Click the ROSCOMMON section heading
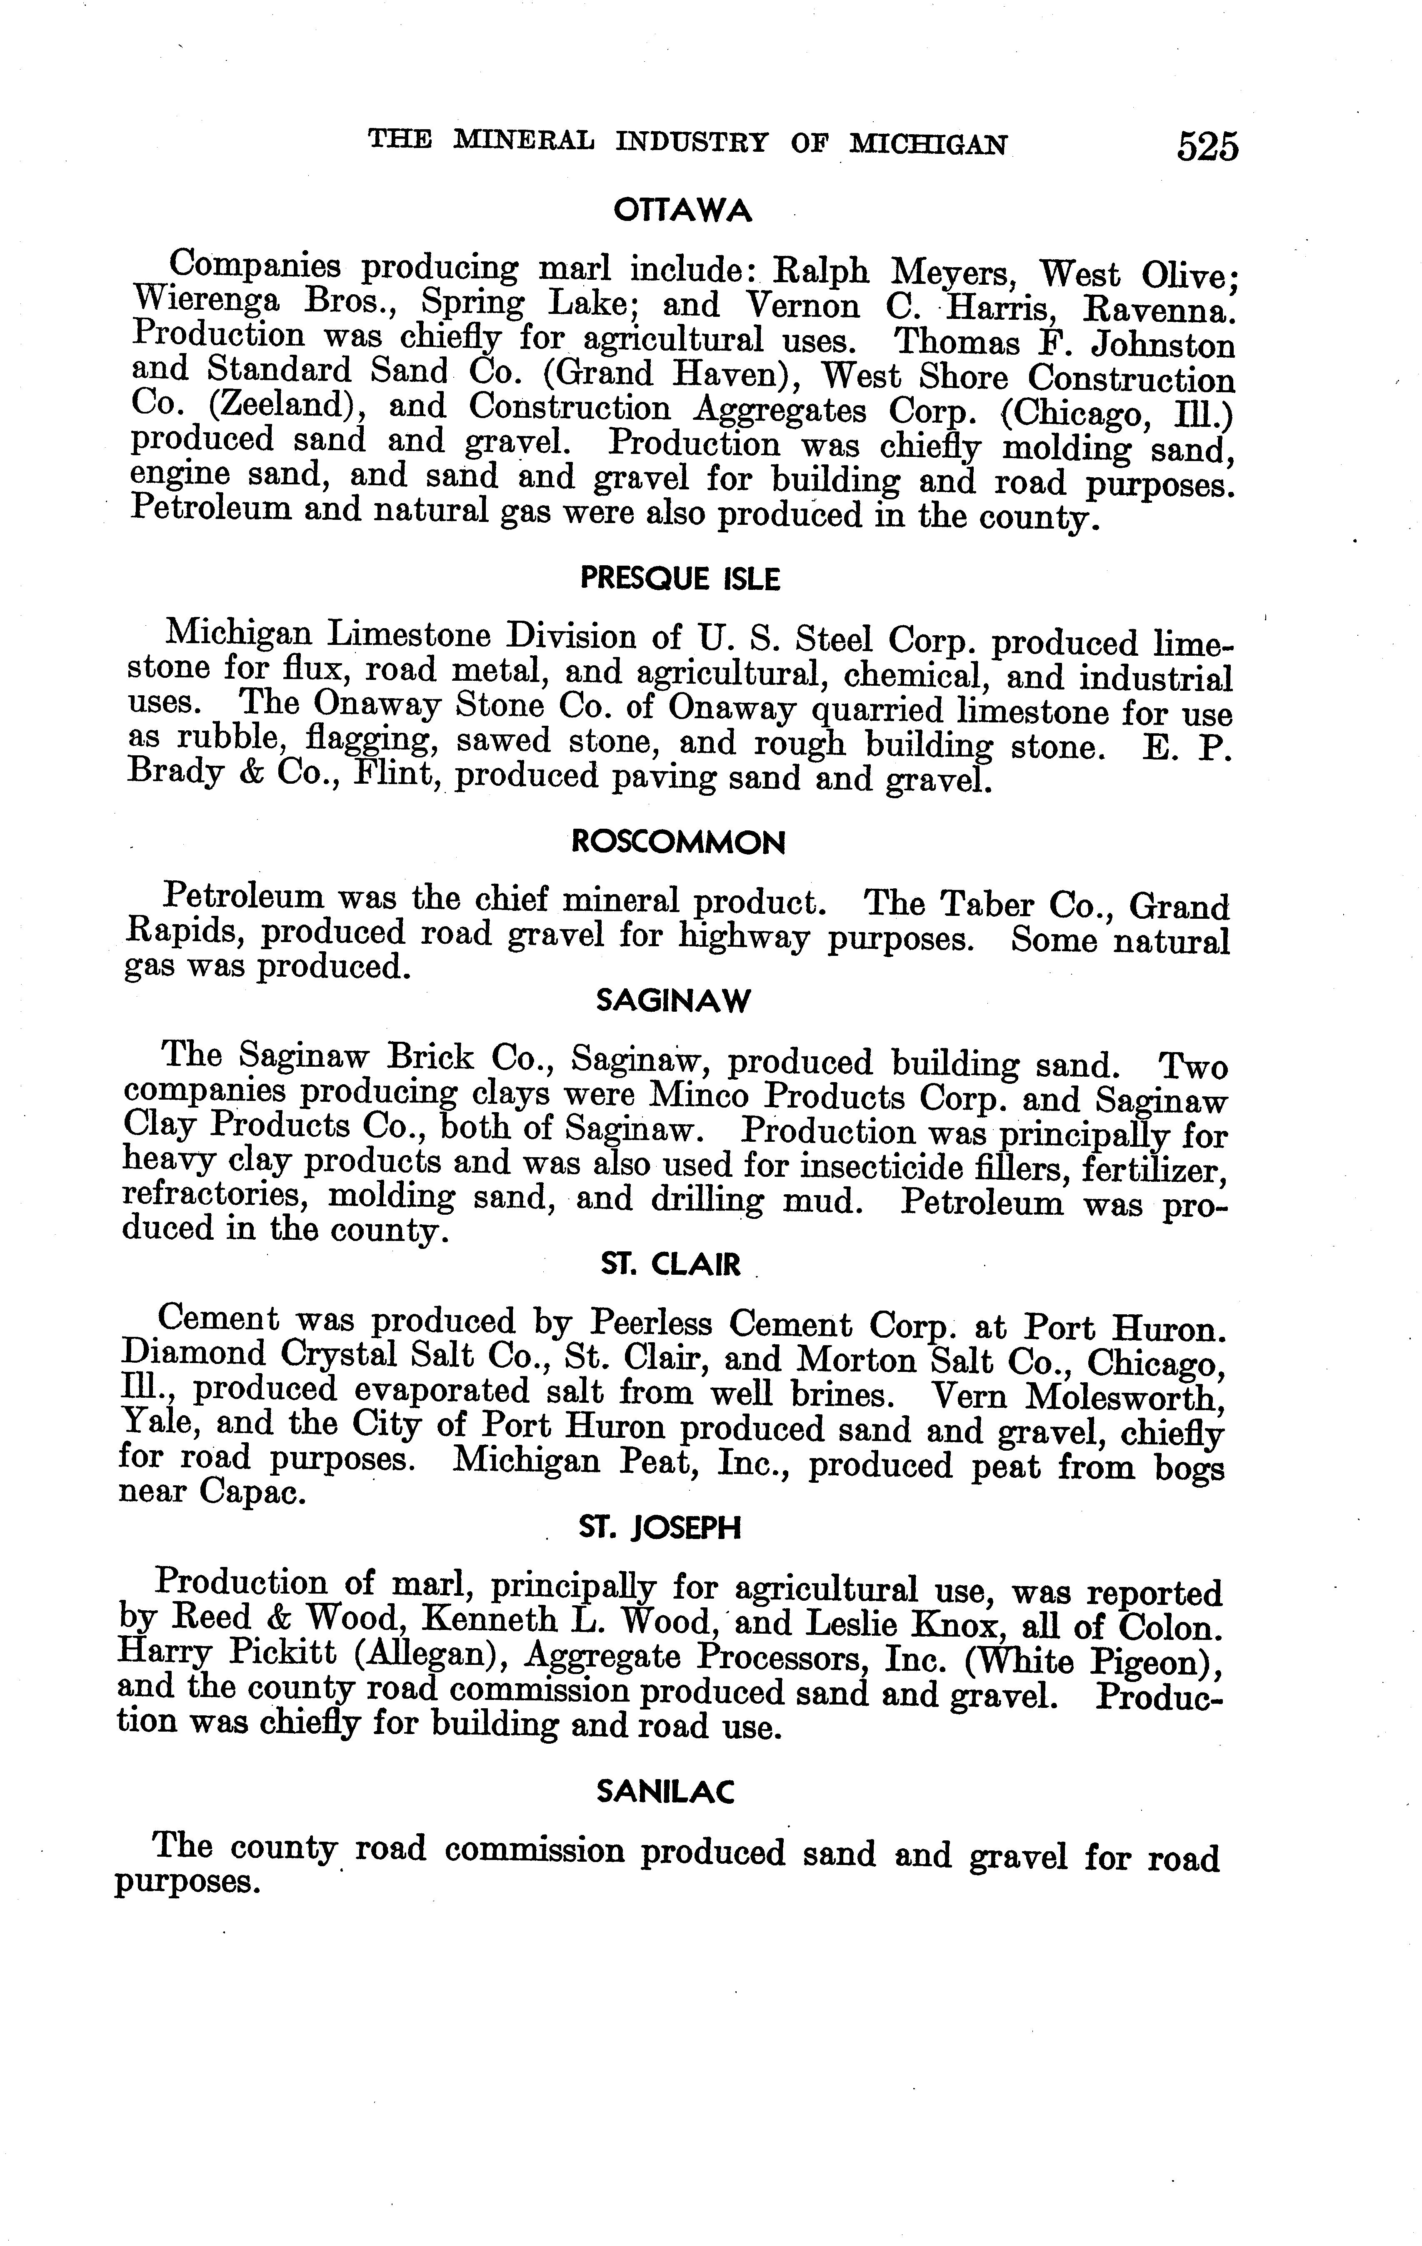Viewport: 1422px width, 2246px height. (678, 843)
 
